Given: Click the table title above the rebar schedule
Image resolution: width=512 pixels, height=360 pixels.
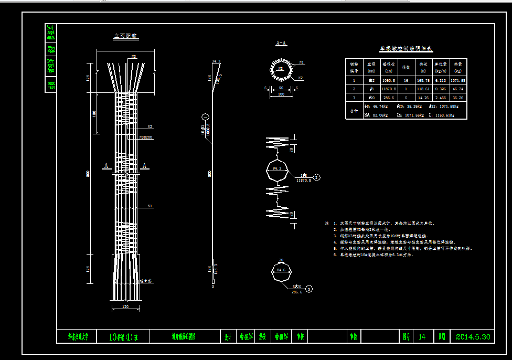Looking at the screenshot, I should pyautogui.click(x=406, y=48).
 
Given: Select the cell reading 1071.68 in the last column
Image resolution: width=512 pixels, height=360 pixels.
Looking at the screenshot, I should pyautogui.click(x=458, y=80).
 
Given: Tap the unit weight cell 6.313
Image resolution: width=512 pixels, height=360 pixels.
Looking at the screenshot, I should pyautogui.click(x=440, y=80).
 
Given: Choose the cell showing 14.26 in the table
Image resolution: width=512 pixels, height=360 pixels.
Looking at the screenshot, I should pyautogui.click(x=423, y=98).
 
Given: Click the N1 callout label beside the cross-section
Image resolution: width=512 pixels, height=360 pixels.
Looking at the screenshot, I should pyautogui.click(x=301, y=62).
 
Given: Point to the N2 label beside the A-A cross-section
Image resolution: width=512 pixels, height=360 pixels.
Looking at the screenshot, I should pyautogui.click(x=301, y=78).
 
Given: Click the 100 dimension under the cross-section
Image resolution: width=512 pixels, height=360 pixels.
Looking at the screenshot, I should pyautogui.click(x=281, y=94).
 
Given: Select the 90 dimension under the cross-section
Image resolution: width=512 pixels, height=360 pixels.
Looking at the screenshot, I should pyautogui.click(x=281, y=88).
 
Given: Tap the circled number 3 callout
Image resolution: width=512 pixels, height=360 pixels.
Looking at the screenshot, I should pyautogui.click(x=309, y=289).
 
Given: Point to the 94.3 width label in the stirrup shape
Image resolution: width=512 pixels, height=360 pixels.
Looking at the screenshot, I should pyautogui.click(x=278, y=168).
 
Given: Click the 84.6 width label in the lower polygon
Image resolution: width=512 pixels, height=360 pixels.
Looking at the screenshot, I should pyautogui.click(x=281, y=270).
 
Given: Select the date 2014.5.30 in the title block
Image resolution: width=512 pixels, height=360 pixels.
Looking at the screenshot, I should pyautogui.click(x=473, y=337).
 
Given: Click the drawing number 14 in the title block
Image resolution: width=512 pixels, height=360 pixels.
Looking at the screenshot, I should pyautogui.click(x=422, y=337).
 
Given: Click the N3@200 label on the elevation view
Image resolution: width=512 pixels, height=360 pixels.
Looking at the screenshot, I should pyautogui.click(x=146, y=137).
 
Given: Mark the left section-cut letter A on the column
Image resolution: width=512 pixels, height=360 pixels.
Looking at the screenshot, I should pyautogui.click(x=106, y=166).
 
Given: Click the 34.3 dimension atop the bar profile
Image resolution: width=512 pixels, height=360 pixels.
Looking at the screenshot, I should pyautogui.click(x=216, y=61).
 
